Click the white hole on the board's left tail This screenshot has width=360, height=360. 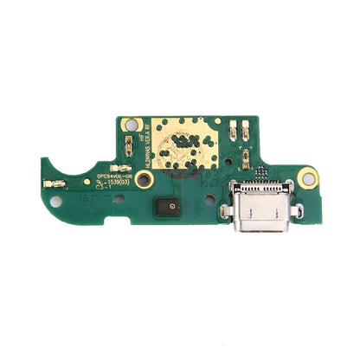tap(56, 201)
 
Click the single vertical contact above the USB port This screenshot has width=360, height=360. tap(247, 159)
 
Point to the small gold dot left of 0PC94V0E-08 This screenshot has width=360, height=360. tap(87, 181)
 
